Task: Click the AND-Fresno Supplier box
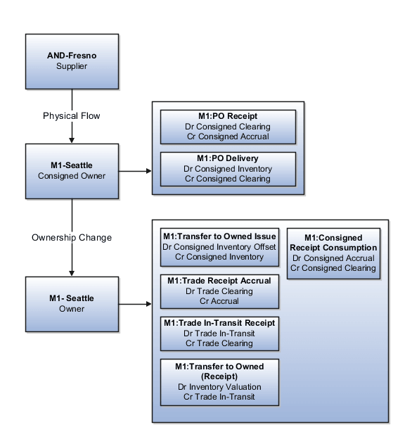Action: tap(72, 61)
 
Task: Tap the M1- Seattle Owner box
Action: tap(72, 304)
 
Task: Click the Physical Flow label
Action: tap(72, 115)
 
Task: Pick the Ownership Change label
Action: tap(72, 238)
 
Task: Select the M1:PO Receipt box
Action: tap(227, 127)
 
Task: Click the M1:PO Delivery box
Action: tap(227, 169)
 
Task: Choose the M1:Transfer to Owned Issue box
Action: tap(219, 247)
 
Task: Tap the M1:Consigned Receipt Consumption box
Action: tap(334, 253)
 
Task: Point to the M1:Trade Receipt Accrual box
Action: tap(219, 291)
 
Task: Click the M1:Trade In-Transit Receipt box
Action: tap(219, 333)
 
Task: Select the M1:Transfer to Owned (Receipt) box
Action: tap(219, 382)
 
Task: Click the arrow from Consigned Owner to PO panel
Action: tap(135, 171)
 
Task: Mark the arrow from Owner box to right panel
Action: tap(135, 305)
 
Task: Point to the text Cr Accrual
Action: tap(219, 301)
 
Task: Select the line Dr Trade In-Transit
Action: tap(219, 333)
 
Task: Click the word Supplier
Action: tap(72, 66)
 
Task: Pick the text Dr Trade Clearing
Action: tap(219, 291)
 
